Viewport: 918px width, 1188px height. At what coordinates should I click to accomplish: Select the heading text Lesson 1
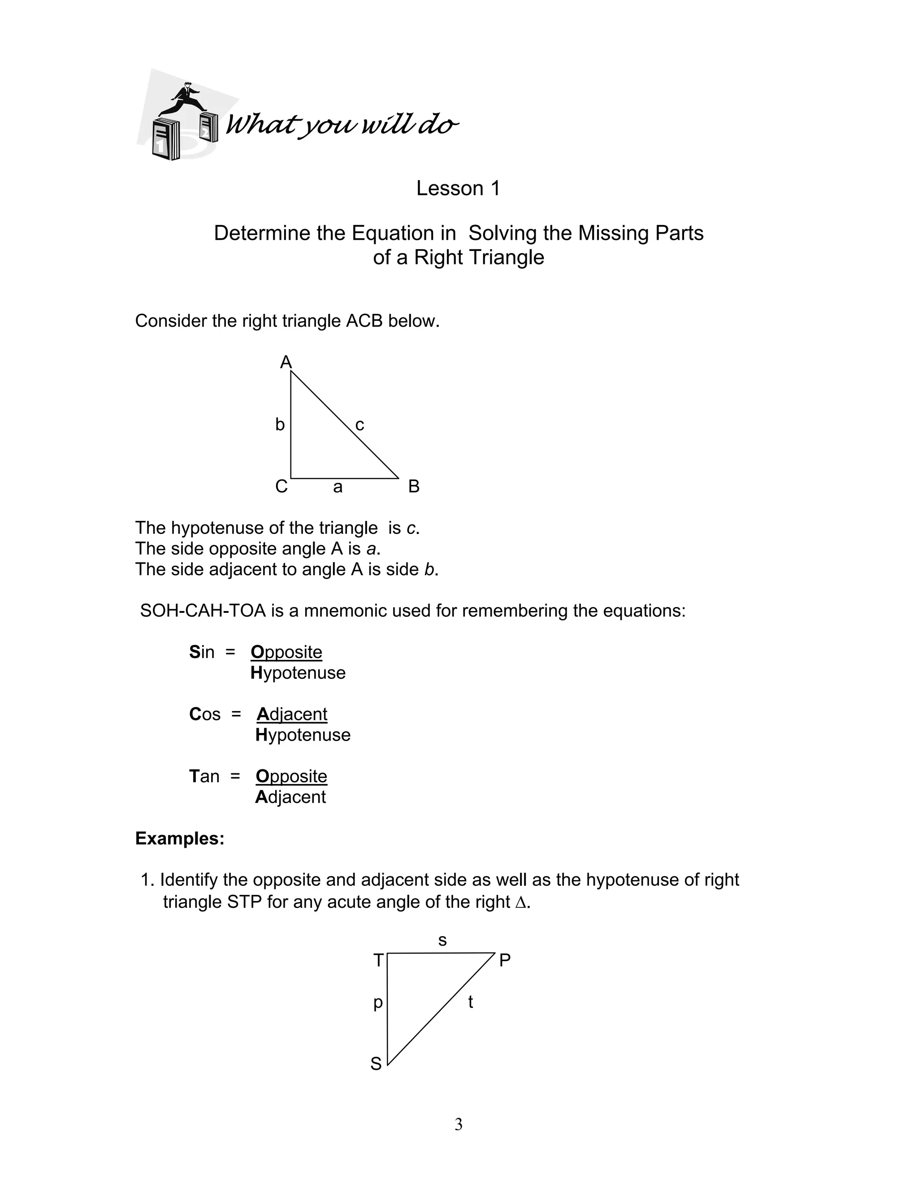[x=458, y=188]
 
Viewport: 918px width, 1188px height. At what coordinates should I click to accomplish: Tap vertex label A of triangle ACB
[x=286, y=362]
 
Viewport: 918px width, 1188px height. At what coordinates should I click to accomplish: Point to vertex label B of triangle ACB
[x=414, y=486]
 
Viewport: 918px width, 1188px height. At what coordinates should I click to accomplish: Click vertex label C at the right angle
[x=281, y=486]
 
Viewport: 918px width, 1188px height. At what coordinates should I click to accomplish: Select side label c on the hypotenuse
[x=359, y=425]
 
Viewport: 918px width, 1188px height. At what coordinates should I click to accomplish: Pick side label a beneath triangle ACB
[x=338, y=487]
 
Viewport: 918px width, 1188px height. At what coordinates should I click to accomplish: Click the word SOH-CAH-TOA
[x=203, y=611]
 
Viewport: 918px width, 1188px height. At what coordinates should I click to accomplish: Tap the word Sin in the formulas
[x=202, y=652]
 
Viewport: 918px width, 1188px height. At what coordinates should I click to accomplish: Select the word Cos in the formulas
[x=205, y=714]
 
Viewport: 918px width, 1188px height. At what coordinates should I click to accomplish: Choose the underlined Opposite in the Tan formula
[x=291, y=776]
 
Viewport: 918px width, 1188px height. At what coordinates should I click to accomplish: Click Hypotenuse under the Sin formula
[x=298, y=673]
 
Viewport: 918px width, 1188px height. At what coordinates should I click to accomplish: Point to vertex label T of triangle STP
[x=378, y=961]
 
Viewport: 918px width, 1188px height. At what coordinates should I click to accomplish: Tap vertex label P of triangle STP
[x=505, y=961]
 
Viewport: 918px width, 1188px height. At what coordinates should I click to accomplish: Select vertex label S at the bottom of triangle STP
[x=376, y=1063]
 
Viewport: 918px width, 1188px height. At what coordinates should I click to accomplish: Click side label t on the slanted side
[x=470, y=1002]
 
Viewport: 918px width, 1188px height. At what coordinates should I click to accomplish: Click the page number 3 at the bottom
[x=459, y=1124]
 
